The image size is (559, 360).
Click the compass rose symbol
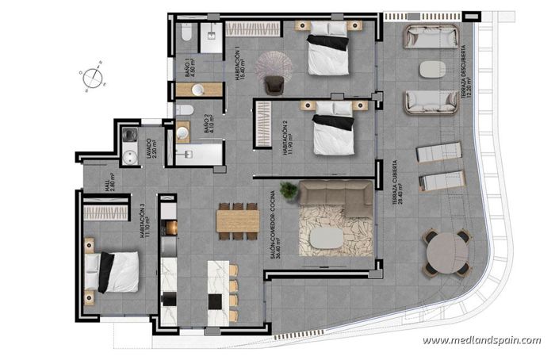click(92, 76)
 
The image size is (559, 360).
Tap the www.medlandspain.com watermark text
click(481, 340)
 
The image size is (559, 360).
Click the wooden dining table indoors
click(237, 218)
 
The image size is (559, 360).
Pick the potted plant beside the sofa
click(289, 190)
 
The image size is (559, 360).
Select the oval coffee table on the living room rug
click(327, 237)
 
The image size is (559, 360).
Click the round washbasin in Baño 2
click(183, 132)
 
